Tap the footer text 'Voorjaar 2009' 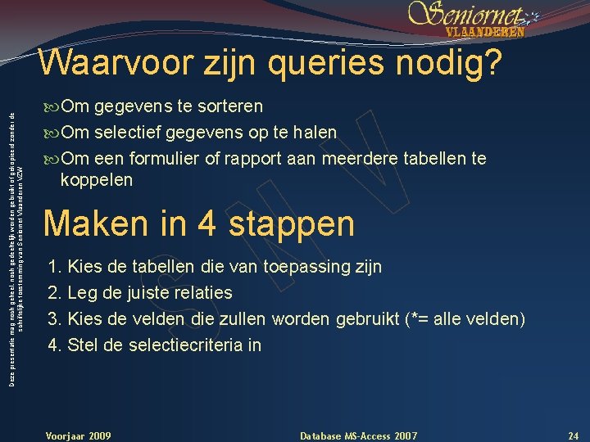coord(79,434)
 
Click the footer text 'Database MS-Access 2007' coord(359,434)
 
